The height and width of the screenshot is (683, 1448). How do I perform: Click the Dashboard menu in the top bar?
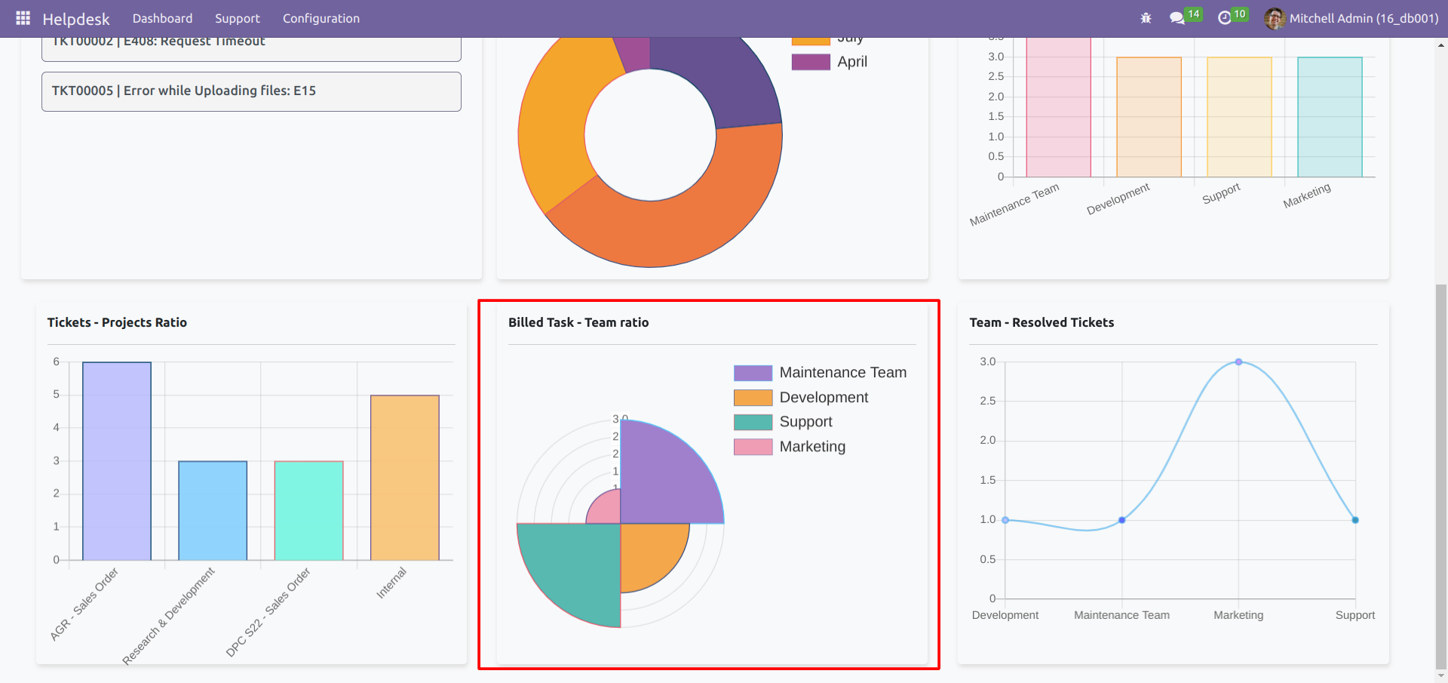pos(162,18)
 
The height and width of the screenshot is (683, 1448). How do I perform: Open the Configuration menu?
pos(321,18)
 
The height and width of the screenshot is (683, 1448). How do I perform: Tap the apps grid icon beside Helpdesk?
pos(23,18)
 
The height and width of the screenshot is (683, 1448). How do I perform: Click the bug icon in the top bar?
pos(1146,18)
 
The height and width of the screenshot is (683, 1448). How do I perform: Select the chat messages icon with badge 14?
pos(1176,18)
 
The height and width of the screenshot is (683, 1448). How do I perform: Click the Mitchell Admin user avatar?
pos(1274,18)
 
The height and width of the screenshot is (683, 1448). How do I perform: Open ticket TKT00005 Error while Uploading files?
pos(251,91)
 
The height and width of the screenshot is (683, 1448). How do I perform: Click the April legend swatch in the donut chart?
pos(811,62)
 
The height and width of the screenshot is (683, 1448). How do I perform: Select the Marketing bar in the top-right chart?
pos(1330,117)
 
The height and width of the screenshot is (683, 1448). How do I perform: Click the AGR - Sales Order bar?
pos(117,461)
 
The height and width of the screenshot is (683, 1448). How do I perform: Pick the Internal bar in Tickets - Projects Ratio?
pos(404,478)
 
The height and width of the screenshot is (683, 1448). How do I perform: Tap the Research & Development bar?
pos(213,510)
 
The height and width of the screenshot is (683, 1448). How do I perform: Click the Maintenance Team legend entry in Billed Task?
pos(842,373)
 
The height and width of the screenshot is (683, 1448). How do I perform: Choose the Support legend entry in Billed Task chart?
pos(805,422)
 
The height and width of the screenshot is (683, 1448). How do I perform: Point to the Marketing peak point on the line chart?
pos(1238,362)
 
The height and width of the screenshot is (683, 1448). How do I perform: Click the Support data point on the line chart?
pos(1355,520)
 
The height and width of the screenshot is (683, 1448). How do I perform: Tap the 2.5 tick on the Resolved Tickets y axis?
pos(987,401)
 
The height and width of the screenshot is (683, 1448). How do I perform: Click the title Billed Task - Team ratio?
pos(578,322)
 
